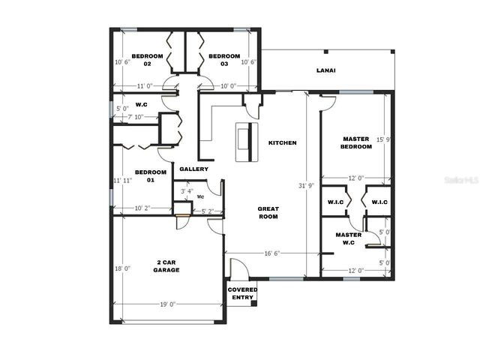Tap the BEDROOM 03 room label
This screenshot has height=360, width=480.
click(224, 60)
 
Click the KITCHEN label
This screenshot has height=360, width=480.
click(283, 142)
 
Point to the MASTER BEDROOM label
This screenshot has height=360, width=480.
click(356, 142)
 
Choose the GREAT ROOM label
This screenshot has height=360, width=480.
click(268, 212)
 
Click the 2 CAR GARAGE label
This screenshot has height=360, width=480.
click(166, 265)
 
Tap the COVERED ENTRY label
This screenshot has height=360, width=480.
click(242, 293)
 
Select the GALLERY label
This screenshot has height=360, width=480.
click(193, 169)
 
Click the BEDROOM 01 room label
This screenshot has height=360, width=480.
click(140, 176)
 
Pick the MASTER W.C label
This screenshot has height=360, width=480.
click(349, 238)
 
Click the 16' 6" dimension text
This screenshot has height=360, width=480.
click(271, 253)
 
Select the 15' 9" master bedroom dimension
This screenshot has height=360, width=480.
click(383, 139)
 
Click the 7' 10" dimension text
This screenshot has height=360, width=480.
click(135, 117)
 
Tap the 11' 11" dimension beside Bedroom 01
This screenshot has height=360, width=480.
click(121, 181)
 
